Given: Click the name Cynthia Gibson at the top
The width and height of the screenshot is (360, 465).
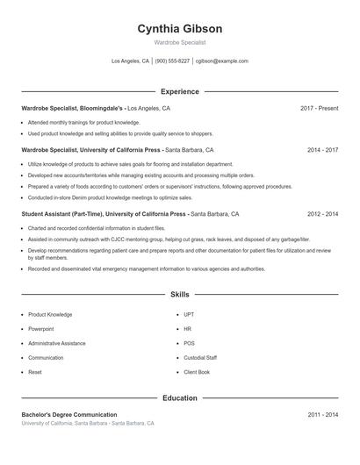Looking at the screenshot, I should click(179, 28).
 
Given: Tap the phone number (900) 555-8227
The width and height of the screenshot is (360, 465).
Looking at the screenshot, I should click(172, 61).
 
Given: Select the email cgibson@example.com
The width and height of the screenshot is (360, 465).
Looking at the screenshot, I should click(222, 61).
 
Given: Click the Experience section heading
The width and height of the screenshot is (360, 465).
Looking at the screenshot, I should click(179, 91).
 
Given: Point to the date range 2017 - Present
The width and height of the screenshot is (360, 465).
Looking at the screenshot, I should click(319, 108).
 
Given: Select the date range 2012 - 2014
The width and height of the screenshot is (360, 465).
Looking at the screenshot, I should click(322, 213).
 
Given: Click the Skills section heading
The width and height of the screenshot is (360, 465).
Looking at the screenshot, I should click(179, 296).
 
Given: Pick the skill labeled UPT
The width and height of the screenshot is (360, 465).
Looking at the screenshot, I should click(190, 314).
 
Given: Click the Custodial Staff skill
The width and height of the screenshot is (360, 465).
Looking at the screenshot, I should click(200, 358).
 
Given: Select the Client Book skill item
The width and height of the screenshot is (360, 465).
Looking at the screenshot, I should click(197, 372).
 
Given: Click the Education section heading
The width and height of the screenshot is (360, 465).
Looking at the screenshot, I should click(179, 397).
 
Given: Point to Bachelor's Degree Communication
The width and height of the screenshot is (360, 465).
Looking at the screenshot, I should click(69, 414).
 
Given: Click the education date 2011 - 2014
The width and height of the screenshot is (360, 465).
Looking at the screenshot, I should click(322, 414).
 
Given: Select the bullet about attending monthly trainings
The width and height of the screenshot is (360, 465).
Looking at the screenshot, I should click(83, 123).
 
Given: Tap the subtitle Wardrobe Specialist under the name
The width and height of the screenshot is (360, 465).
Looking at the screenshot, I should click(179, 42).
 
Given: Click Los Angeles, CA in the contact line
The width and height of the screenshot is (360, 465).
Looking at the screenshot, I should click(130, 61).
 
